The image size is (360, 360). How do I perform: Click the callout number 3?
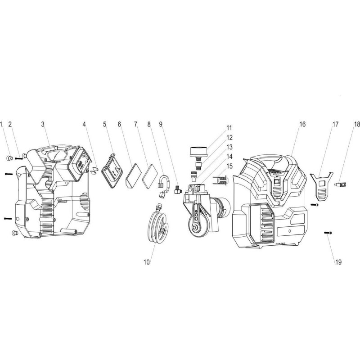click(x=43, y=124)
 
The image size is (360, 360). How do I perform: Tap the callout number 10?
click(x=147, y=262)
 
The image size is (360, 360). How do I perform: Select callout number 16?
click(x=302, y=124)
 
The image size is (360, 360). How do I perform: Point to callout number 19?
click(x=338, y=262)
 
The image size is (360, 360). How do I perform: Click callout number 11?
click(x=229, y=128)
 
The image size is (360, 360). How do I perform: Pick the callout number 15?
click(x=229, y=166)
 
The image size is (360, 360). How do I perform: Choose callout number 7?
click(x=135, y=124)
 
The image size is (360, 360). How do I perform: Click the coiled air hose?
click(x=158, y=222)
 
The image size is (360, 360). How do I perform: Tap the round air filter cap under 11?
click(x=199, y=151)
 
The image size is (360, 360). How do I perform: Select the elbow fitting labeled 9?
click(x=177, y=189)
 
